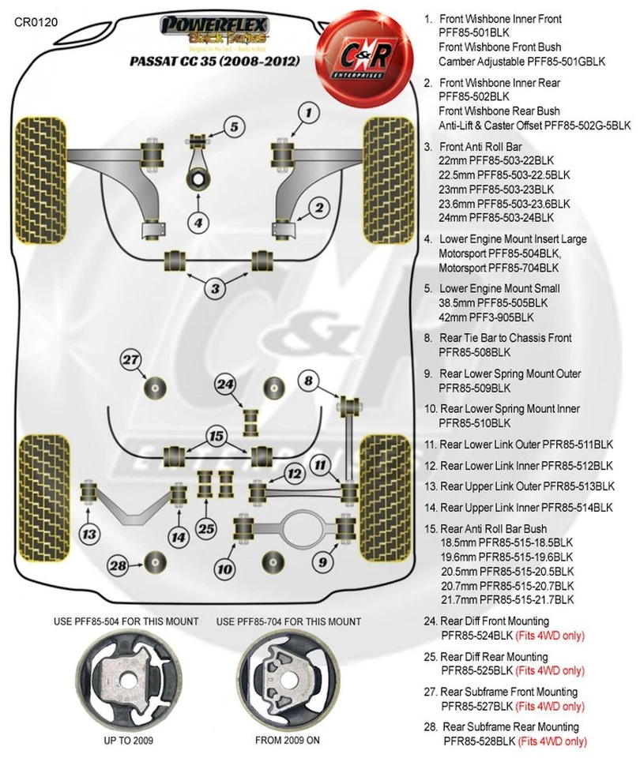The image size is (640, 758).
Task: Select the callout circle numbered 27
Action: pos(130,361)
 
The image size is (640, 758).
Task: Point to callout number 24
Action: pos(226,385)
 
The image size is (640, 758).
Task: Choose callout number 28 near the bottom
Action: pos(119,565)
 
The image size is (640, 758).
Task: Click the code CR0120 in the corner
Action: pos(35,21)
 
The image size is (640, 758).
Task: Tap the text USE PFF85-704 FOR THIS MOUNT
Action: pos(284,621)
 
